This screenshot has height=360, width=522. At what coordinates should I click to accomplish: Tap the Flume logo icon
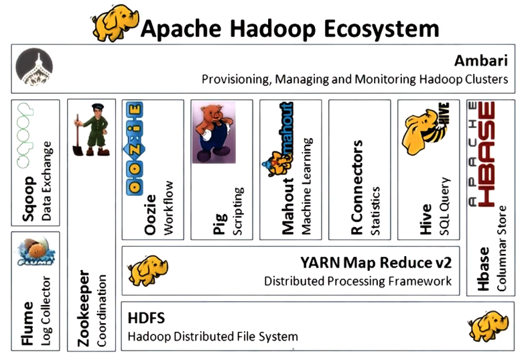34,255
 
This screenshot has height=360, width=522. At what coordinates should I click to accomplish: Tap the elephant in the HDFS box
484,325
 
